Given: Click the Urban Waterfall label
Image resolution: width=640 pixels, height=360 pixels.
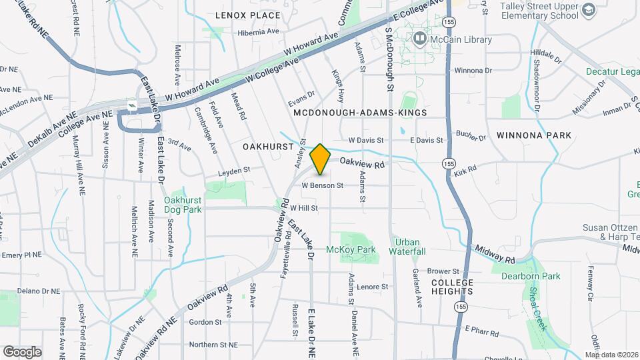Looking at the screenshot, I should pos(409,247).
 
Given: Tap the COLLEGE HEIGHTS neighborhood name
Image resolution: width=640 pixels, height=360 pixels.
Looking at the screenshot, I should pos(452,287).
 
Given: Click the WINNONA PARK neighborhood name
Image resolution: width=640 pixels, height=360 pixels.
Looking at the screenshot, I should pos(534,135).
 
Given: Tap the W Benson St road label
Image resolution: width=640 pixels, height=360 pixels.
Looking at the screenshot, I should pos(322,185).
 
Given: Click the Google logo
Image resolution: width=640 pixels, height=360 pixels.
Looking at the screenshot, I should pos(22,351).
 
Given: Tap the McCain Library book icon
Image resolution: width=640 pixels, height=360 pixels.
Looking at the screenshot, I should pos(420,39).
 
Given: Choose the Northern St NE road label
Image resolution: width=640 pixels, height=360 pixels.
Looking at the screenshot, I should pos(213,345).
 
